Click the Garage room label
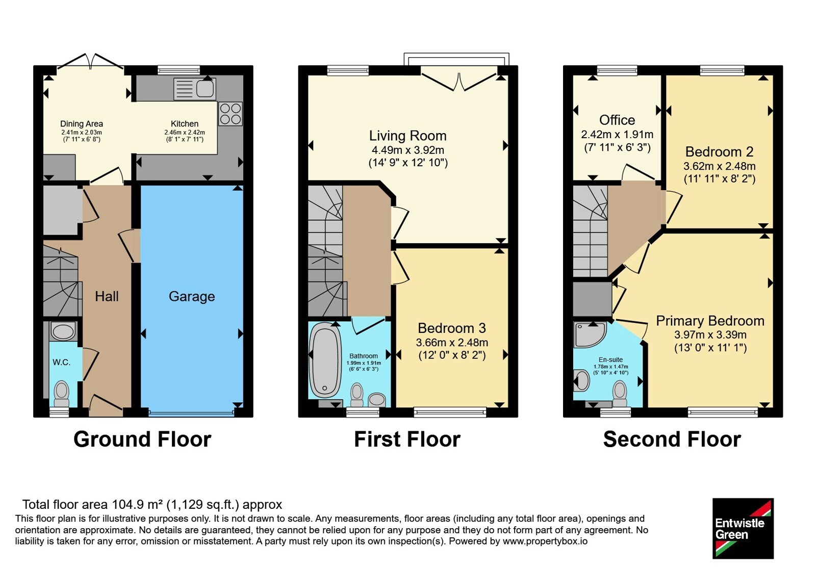pyautogui.click(x=192, y=297)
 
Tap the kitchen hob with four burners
pyautogui.click(x=231, y=114)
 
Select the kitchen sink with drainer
pyautogui.click(x=194, y=89)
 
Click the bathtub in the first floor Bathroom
pyautogui.click(x=324, y=361)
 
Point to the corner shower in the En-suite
pyautogui.click(x=589, y=334)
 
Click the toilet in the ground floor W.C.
pyautogui.click(x=62, y=393)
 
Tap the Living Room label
pyautogui.click(x=407, y=136)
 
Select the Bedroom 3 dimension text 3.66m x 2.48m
pyautogui.click(x=452, y=342)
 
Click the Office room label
pyautogui.click(x=617, y=120)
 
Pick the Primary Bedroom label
pyautogui.click(x=710, y=321)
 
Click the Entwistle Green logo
pyautogui.click(x=743, y=528)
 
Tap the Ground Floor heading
pyautogui.click(x=142, y=439)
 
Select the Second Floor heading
pyautogui.click(x=672, y=439)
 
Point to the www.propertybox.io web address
pyautogui.click(x=545, y=541)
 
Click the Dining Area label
pyautogui.click(x=82, y=124)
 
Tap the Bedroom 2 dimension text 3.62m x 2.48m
pyautogui.click(x=720, y=166)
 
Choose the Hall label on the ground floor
pyautogui.click(x=107, y=296)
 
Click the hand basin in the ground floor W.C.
pyautogui.click(x=63, y=331)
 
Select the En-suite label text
pyautogui.click(x=610, y=360)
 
